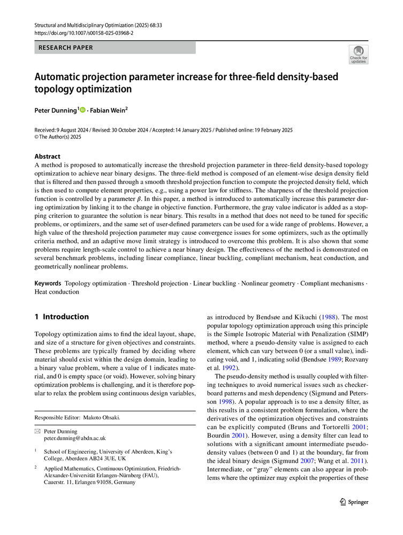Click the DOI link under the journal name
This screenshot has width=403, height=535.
pyautogui.click(x=84, y=33)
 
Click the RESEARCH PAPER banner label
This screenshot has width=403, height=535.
pyautogui.click(x=65, y=48)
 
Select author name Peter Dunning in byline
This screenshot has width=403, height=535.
pyautogui.click(x=56, y=110)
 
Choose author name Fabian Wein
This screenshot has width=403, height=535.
pyautogui.click(x=109, y=110)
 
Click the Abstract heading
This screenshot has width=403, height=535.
pyautogui.click(x=48, y=156)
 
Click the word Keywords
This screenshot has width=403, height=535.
pyautogui.click(x=48, y=282)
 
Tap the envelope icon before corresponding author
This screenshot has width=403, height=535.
pyautogui.click(x=37, y=431)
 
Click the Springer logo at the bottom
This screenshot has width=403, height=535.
pyautogui.click(x=354, y=502)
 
